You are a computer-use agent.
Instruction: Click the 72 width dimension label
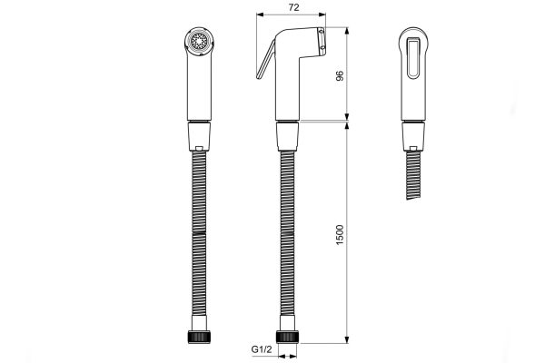(290, 7)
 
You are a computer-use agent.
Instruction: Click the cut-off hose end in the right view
(411, 194)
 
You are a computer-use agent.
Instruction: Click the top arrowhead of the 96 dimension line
(349, 31)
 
